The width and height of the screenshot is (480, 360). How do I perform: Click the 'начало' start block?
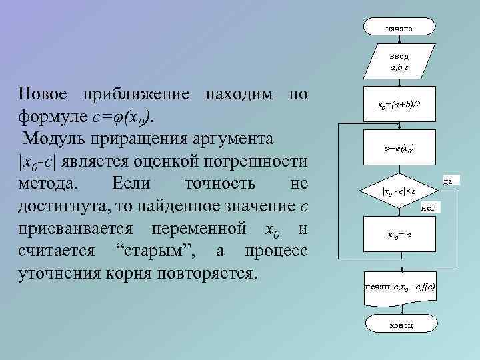tap(399, 27)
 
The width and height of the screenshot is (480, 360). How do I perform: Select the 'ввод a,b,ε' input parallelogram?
tap(399, 62)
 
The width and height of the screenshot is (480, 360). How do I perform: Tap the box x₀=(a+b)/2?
tap(399, 105)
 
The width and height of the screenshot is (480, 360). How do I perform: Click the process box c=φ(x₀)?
tap(399, 150)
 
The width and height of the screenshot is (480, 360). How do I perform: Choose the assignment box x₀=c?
tap(399, 235)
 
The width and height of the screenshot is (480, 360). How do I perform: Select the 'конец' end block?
tap(399, 325)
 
